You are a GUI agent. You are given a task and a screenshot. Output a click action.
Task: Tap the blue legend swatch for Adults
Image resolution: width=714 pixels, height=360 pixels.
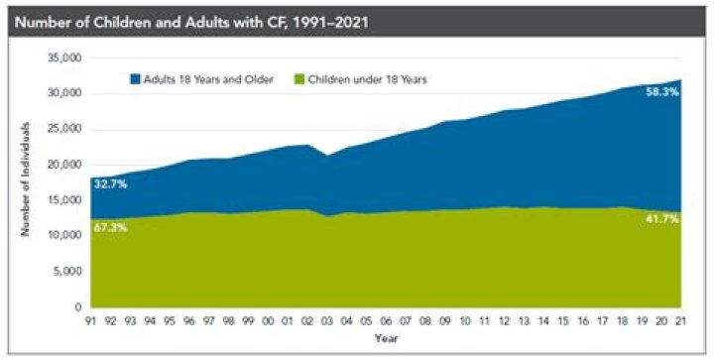pyautogui.click(x=135, y=79)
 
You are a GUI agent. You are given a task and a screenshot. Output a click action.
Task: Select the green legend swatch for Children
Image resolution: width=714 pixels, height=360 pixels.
pyautogui.click(x=298, y=79)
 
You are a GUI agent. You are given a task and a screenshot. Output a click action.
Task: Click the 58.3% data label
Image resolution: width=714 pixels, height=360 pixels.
pyautogui.click(x=662, y=92)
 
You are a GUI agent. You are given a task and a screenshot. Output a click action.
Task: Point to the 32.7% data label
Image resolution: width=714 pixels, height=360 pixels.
pyautogui.click(x=110, y=184)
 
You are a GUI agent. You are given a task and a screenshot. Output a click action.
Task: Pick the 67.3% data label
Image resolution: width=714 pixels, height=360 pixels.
pyautogui.click(x=110, y=227)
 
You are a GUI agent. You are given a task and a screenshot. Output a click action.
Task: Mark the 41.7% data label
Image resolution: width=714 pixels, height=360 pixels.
pyautogui.click(x=662, y=219)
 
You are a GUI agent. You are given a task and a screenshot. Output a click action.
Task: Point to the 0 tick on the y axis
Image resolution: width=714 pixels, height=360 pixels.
pyautogui.click(x=78, y=307)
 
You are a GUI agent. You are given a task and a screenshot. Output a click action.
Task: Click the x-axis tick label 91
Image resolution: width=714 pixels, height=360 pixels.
pyautogui.click(x=91, y=321)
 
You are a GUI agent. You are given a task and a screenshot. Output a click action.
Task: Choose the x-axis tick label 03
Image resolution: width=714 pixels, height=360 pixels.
pyautogui.click(x=327, y=321)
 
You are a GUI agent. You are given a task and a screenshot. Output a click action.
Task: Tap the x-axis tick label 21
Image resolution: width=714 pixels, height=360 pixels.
pyautogui.click(x=680, y=321)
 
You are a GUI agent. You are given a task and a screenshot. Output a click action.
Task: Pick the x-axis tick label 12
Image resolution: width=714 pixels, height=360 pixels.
pyautogui.click(x=504, y=321)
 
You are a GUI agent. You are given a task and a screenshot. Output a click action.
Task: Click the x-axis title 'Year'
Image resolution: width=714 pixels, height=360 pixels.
pyautogui.click(x=386, y=338)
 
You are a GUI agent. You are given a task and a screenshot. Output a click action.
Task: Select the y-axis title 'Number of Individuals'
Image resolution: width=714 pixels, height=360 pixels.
pyautogui.click(x=25, y=179)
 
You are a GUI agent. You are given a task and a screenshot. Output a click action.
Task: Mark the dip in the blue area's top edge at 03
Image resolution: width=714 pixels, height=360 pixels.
pyautogui.click(x=327, y=156)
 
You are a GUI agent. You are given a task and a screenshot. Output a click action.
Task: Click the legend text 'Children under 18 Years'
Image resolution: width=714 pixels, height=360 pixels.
pyautogui.click(x=368, y=79)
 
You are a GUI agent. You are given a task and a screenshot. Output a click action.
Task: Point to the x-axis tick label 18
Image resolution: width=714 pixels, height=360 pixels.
pyautogui.click(x=622, y=321)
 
